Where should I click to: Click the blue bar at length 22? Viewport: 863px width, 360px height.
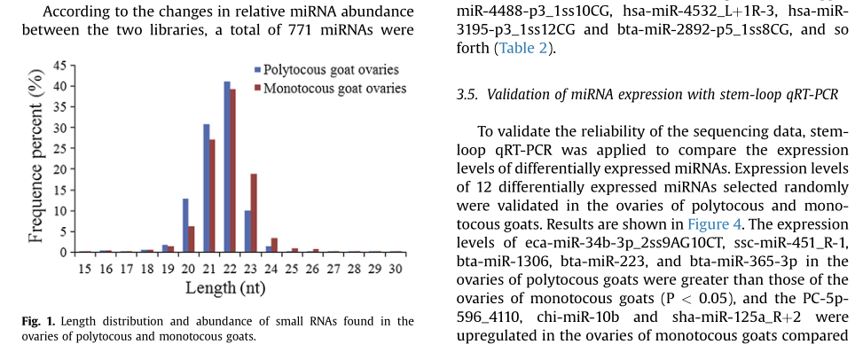coord(227,167)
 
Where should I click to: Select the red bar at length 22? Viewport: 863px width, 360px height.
coord(233,170)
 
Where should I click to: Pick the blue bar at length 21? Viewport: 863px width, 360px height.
coord(206,188)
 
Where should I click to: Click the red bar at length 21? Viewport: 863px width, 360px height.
coord(212,196)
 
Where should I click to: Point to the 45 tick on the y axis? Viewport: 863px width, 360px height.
coord(59,66)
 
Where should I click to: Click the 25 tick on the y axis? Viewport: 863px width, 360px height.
coord(59,149)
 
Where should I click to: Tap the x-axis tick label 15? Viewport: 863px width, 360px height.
coord(84,269)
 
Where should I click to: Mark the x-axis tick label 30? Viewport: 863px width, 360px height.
coord(396,269)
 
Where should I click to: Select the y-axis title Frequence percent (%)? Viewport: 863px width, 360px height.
coord(36,160)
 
